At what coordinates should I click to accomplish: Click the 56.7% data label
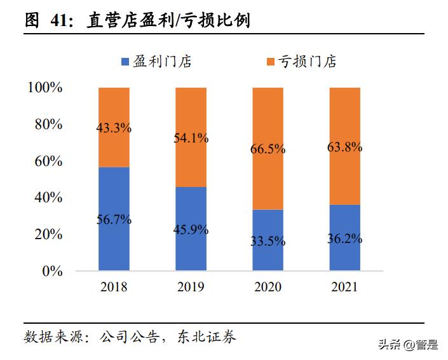point(114,220)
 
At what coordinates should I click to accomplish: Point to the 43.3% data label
point(114,128)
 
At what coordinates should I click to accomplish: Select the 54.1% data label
point(191,138)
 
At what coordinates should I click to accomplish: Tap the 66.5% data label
point(268,149)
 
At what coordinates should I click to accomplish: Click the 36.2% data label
point(344,239)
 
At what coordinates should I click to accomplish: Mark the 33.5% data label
point(268,242)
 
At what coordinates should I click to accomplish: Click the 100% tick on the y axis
point(44,88)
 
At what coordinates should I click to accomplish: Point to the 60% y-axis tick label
point(48,162)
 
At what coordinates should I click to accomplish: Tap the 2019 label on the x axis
point(191,287)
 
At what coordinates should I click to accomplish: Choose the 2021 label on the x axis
point(344,287)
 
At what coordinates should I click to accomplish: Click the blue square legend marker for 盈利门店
point(125,62)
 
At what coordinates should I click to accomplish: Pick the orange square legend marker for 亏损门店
point(270,62)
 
